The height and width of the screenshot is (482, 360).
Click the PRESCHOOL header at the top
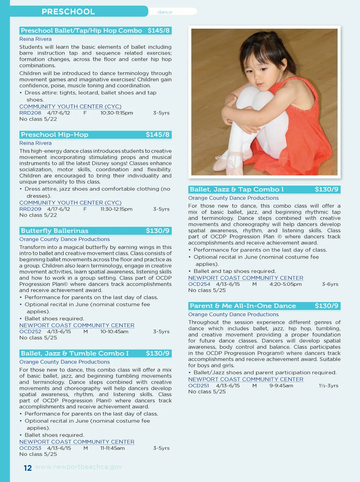tap(68, 12)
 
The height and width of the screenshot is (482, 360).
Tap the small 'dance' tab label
tap(165, 12)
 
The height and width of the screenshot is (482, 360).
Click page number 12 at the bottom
tap(28, 468)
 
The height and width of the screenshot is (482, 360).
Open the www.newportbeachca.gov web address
tap(78, 467)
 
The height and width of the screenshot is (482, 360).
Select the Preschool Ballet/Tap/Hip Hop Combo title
tap(82, 31)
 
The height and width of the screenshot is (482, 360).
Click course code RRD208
tap(30, 113)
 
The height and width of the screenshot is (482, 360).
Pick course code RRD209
tap(30, 209)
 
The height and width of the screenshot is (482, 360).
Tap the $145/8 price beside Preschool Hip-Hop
tap(157, 135)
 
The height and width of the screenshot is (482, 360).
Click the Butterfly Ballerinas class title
tap(54, 231)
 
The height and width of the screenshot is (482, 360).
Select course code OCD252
tap(30, 331)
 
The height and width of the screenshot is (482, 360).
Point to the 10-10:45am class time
tap(114, 331)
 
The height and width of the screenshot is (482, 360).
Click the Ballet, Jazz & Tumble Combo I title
tap(75, 353)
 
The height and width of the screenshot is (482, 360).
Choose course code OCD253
tap(30, 448)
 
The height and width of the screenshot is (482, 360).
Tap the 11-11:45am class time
tap(112, 448)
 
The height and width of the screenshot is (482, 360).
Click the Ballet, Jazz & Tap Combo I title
tap(237, 189)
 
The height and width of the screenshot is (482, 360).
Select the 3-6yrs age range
tap(330, 284)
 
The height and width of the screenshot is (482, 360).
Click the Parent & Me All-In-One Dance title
tap(243, 306)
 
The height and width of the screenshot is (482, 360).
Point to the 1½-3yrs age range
tap(329, 386)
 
